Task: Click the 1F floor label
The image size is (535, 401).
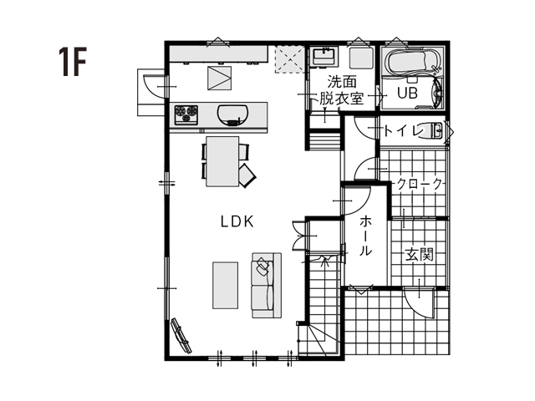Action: [x=73, y=62]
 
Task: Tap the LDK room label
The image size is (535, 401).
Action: [x=237, y=222]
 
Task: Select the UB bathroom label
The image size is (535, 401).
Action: [x=407, y=93]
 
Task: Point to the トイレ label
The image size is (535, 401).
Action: [x=404, y=131]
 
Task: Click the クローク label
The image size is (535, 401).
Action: [x=420, y=184]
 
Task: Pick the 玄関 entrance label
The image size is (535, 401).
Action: [x=420, y=254]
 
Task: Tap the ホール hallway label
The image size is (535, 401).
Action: [x=365, y=236]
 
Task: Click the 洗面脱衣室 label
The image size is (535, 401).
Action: [x=342, y=90]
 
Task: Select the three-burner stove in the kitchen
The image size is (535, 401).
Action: [x=186, y=114]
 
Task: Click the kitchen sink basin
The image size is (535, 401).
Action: [x=232, y=115]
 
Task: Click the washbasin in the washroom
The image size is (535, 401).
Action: [x=324, y=56]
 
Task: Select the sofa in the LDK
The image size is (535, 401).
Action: [x=267, y=286]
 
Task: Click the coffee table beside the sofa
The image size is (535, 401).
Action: [x=225, y=286]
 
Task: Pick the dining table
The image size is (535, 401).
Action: [x=222, y=161]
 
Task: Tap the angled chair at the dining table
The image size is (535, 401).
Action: [x=247, y=175]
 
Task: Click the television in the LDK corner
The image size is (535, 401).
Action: [x=181, y=336]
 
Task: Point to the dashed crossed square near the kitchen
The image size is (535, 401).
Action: [x=290, y=58]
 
